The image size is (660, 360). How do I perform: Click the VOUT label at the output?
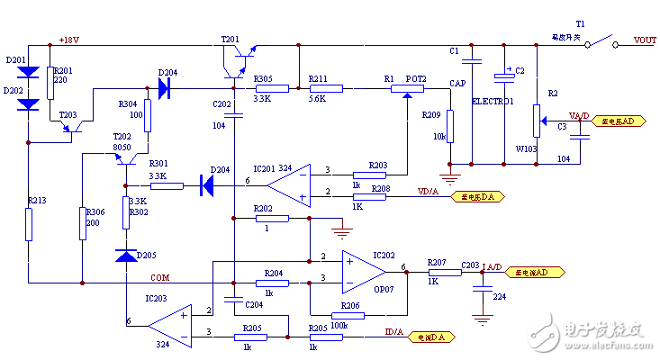(x=645, y=40)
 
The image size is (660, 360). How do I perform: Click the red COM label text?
(x=158, y=277)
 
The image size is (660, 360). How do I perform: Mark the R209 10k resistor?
(x=449, y=128)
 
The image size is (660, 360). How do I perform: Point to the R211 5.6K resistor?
(x=326, y=88)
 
